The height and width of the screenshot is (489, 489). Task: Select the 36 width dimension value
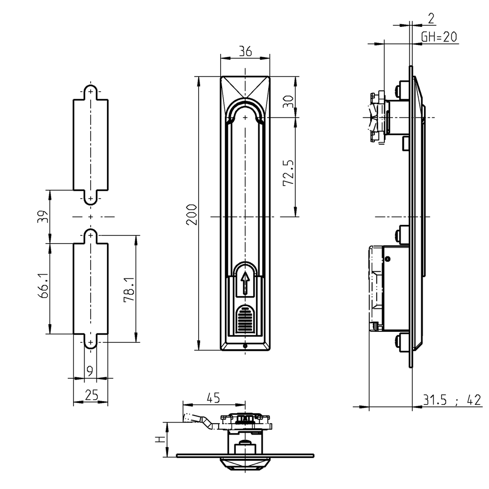tap(245, 52)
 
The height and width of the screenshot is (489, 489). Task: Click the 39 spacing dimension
tap(43, 216)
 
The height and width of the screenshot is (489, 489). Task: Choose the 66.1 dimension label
tap(43, 288)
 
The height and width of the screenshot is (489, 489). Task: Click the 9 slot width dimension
tap(90, 370)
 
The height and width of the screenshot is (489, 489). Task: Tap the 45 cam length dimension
tap(213, 397)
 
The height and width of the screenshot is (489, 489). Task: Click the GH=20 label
tap(439, 37)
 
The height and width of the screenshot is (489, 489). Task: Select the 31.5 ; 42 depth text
tap(452, 400)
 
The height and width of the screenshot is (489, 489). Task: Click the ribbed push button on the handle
tap(245, 319)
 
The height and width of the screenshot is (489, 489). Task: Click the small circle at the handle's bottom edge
tap(245, 346)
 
